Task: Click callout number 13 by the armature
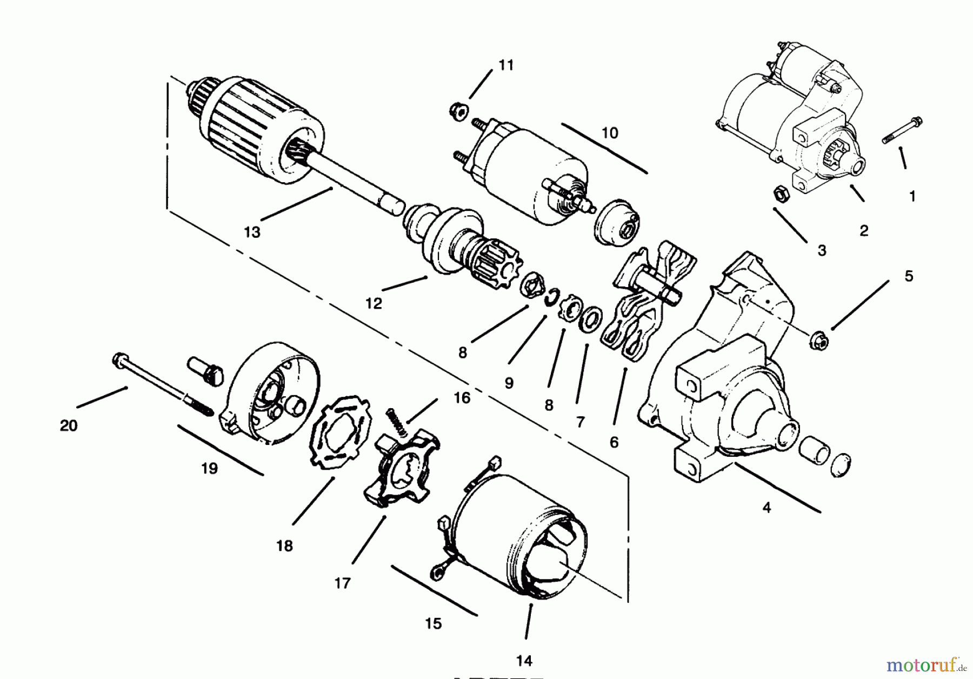point(252,232)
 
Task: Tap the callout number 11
point(505,65)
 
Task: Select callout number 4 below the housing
point(767,508)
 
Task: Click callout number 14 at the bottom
point(524,661)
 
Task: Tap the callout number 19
point(209,468)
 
